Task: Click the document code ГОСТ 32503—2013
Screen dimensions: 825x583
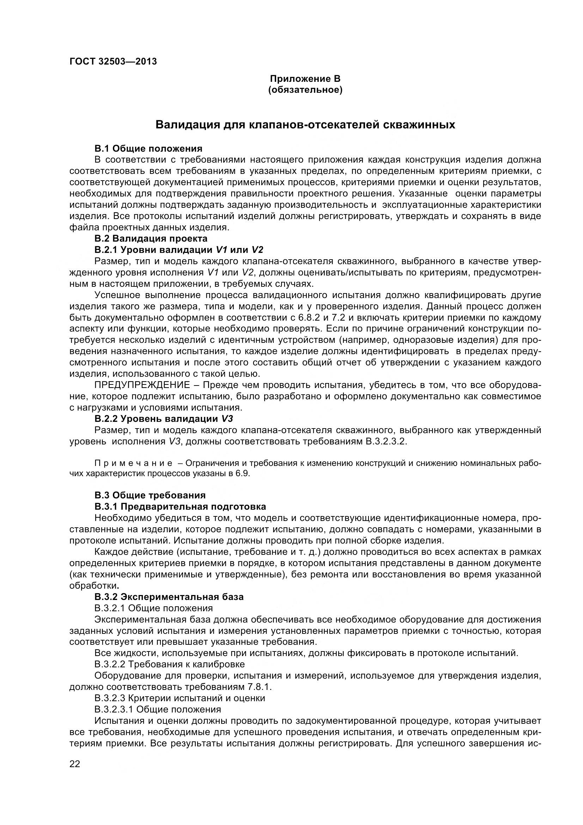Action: (x=113, y=61)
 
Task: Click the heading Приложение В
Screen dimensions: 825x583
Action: (x=305, y=78)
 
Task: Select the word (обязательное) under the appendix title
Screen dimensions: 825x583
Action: (x=305, y=90)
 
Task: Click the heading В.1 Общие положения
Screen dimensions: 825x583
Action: (x=148, y=148)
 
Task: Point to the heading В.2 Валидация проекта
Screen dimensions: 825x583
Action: (x=151, y=238)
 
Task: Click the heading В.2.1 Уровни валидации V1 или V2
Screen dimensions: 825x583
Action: (x=179, y=250)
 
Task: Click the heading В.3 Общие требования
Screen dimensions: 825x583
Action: (x=150, y=496)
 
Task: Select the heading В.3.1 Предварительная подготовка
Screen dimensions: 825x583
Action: (x=180, y=507)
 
